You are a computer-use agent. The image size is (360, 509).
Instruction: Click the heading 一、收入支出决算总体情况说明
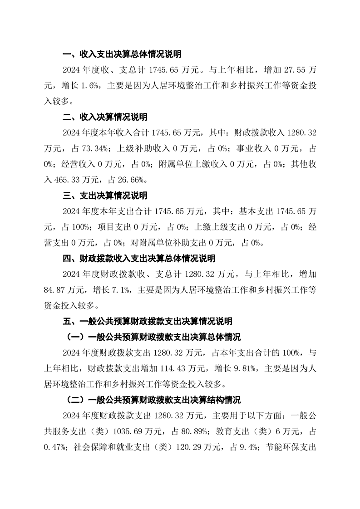[122, 54]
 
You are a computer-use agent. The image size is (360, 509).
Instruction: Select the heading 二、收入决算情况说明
[105, 117]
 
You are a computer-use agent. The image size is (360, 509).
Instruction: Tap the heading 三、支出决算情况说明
[105, 196]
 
